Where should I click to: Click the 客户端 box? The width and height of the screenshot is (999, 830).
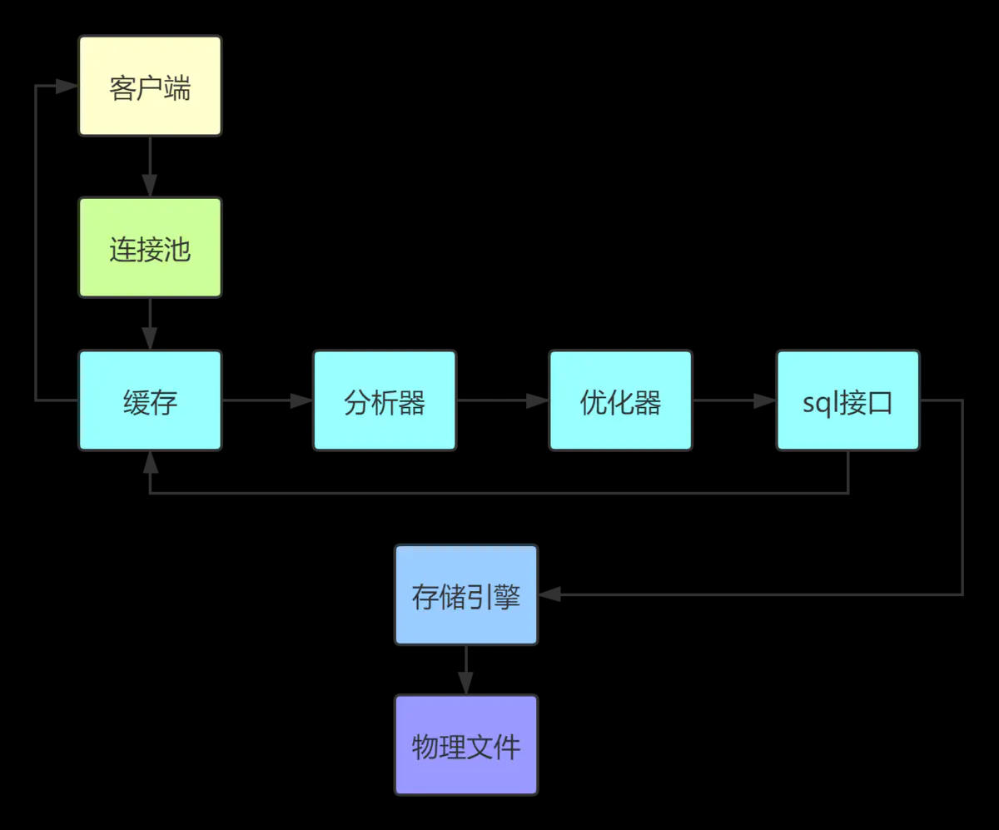point(150,86)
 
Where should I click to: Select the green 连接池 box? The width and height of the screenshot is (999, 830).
point(150,247)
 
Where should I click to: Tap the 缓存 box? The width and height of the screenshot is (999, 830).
point(150,400)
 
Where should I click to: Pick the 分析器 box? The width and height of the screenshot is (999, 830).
point(385,400)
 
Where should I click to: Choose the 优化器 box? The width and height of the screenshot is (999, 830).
point(620,400)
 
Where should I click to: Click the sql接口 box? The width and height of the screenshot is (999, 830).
point(847,400)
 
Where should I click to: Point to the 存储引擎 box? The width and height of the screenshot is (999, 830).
point(466,594)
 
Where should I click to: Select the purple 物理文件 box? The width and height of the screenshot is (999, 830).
point(466,744)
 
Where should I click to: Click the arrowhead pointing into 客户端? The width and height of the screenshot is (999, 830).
point(67,86)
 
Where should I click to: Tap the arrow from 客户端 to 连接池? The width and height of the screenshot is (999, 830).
point(150,166)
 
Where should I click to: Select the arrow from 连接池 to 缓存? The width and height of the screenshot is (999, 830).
point(150,324)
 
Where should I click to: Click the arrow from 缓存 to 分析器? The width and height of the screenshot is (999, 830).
point(267,400)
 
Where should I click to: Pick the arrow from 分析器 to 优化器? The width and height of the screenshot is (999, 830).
point(503,400)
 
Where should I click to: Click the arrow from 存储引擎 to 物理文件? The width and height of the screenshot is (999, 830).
point(466,670)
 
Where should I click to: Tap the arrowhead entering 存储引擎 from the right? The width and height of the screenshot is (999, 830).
point(549,594)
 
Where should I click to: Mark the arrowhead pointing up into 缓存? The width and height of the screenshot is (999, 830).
point(150,462)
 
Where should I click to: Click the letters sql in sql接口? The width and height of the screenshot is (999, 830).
point(821,403)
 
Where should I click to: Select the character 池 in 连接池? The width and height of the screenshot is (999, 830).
point(177,248)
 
